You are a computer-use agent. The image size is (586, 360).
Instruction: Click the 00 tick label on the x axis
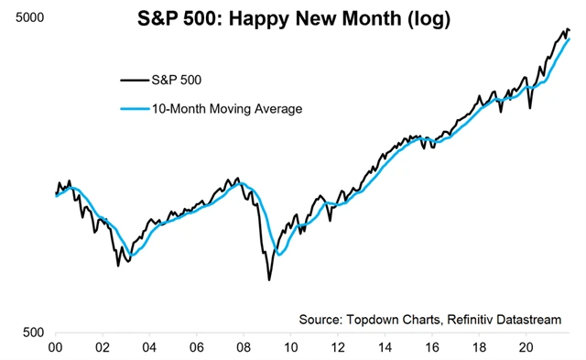(x=55, y=348)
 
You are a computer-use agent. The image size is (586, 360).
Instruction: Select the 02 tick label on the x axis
(x=103, y=348)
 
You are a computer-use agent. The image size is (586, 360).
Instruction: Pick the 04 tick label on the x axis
(x=149, y=348)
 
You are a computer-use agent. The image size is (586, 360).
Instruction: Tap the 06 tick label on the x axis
(x=196, y=348)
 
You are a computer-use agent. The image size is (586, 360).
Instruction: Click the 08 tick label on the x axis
(x=244, y=348)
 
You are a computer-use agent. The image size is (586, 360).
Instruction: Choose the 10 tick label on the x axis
(x=290, y=348)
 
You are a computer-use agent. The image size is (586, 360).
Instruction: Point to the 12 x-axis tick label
(x=337, y=348)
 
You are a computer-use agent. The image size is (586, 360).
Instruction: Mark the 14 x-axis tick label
(x=385, y=348)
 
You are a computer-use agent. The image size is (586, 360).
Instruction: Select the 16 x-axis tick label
(x=431, y=348)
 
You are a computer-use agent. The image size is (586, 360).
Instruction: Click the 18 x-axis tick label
(x=478, y=348)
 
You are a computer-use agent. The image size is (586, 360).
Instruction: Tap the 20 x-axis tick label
(x=526, y=348)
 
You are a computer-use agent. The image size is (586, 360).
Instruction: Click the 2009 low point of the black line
(x=269, y=278)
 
